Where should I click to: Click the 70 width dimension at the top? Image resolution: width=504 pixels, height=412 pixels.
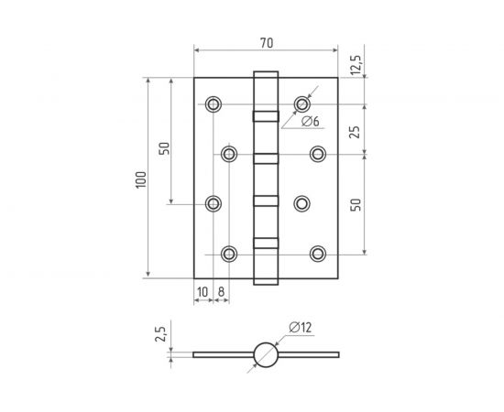point(266,41)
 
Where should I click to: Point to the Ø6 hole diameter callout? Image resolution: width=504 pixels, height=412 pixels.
point(308,121)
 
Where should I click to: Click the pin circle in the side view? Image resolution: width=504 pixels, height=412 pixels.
point(266,354)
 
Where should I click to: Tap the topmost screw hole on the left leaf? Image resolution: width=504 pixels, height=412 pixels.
point(214,104)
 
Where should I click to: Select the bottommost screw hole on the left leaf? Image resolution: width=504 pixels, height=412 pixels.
point(230,253)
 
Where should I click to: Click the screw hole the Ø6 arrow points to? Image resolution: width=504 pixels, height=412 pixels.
point(301,103)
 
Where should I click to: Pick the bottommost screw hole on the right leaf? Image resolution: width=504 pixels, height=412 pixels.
point(318,253)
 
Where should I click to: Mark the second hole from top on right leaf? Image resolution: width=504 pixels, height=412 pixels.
point(318,153)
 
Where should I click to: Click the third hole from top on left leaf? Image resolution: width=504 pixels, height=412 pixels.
point(214,203)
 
